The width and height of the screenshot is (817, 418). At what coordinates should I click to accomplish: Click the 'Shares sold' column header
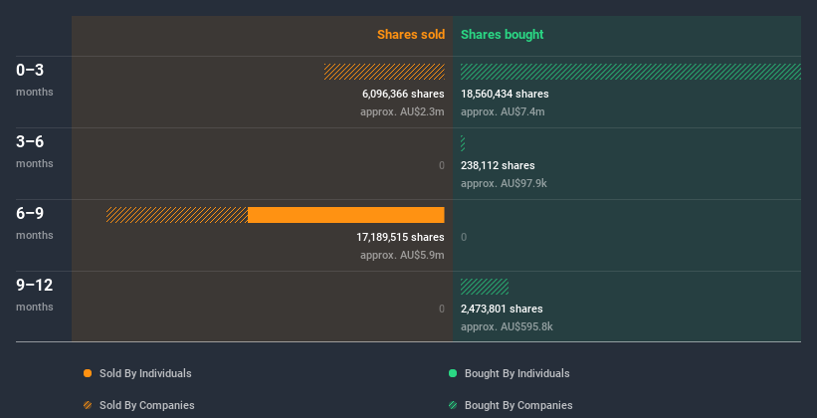coord(410,35)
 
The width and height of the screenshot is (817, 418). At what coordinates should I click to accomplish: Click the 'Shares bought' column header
coord(502,35)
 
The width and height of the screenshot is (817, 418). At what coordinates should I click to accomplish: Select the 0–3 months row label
coord(30,71)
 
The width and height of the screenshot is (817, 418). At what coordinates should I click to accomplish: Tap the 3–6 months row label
coord(30,142)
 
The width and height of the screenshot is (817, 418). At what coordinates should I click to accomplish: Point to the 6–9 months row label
coord(30,214)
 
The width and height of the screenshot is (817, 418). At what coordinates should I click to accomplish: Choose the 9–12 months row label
coord(34,286)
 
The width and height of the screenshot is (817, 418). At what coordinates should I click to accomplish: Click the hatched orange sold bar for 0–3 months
coord(384,72)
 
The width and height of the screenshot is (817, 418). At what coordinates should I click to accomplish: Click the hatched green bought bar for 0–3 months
coord(630,72)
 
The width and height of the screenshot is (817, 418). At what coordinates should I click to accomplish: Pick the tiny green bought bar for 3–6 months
coord(463,143)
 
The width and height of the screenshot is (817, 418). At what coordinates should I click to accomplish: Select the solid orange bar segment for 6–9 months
coord(345,215)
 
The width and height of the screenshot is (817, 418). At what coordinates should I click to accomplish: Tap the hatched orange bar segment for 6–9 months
coord(177,215)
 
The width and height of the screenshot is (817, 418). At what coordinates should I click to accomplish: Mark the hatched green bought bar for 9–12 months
coord(485,287)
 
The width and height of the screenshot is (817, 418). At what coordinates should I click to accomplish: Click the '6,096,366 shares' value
coord(403,94)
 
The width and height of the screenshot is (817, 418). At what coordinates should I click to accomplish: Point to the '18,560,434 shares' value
coord(505,94)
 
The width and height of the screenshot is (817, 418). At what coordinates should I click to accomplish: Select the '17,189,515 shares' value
coord(400,237)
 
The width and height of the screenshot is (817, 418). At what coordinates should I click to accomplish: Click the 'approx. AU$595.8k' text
coord(507,326)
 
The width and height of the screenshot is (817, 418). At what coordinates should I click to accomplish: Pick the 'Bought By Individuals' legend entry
coord(516,373)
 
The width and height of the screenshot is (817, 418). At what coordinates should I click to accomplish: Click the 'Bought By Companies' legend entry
coord(517,405)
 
